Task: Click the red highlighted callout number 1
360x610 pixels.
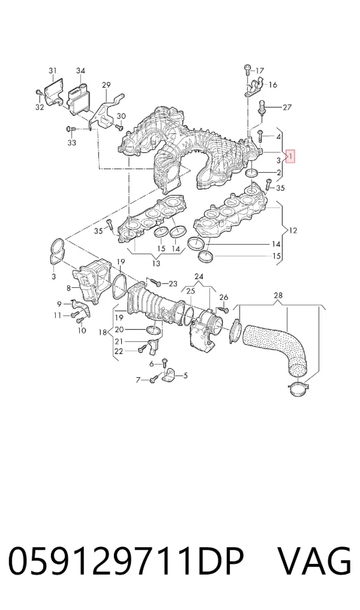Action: [x=291, y=157]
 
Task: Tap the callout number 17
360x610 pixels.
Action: [x=260, y=71]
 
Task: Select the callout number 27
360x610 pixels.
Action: [x=287, y=107]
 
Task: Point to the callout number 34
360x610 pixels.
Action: [x=80, y=71]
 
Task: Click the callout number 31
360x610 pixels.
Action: [x=53, y=70]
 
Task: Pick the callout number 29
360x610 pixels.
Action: [x=106, y=85]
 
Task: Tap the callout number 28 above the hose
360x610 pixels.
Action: [x=278, y=296]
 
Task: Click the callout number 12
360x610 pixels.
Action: [x=293, y=231]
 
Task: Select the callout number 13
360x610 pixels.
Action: [x=155, y=263]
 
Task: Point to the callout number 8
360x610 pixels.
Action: [x=68, y=289]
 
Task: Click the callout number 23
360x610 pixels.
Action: [x=173, y=284]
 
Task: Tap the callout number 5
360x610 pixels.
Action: [x=185, y=375]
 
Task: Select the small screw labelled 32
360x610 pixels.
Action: [x=38, y=92]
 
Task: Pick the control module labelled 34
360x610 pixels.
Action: [x=78, y=98]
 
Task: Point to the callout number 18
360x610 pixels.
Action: [x=103, y=332]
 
